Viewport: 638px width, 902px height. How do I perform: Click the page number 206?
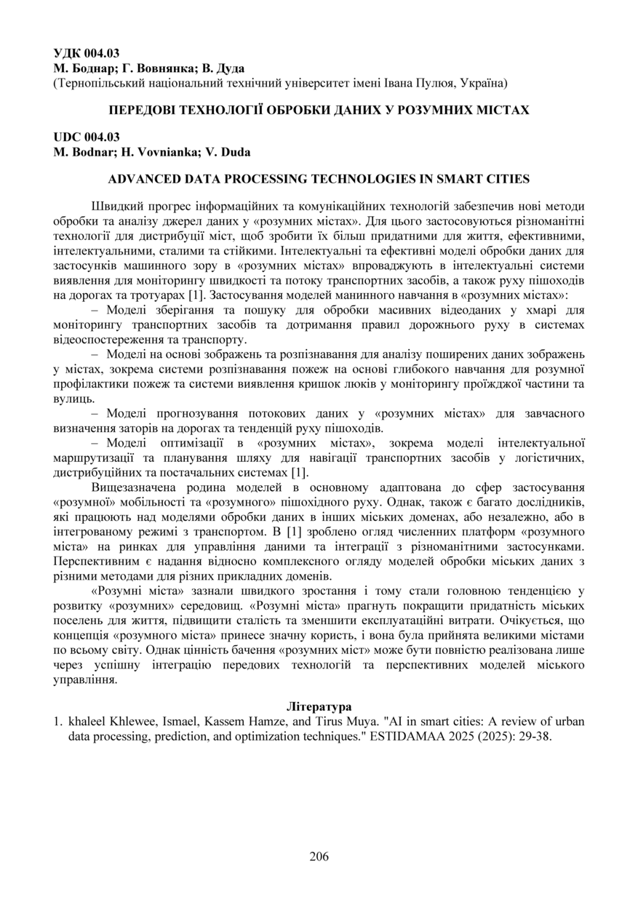319,856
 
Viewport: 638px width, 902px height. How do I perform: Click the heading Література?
319,706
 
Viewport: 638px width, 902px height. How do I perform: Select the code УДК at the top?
67,53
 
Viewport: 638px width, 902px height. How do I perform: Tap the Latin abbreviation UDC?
67,137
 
